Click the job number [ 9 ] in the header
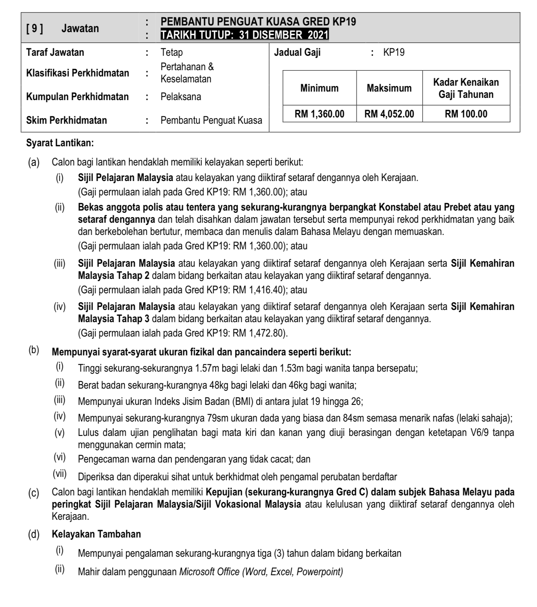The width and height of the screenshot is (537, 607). click(34, 28)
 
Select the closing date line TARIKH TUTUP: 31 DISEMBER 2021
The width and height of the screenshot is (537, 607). click(244, 35)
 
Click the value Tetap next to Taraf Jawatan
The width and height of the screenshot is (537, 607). click(172, 52)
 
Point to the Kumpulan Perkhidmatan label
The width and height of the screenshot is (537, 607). click(77, 97)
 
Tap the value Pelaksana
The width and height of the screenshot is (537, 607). click(181, 97)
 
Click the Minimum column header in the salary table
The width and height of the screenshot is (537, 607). click(319, 88)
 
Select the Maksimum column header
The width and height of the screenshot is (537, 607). click(389, 88)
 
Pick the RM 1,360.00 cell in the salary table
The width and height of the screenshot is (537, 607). click(319, 114)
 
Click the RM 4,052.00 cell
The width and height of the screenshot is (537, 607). click(389, 114)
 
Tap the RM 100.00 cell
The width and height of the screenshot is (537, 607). click(466, 114)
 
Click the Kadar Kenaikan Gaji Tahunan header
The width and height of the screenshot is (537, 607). click(466, 88)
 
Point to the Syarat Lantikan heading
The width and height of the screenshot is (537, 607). click(60, 143)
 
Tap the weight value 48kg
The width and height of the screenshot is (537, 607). click(219, 385)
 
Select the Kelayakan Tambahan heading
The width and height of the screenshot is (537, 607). click(96, 534)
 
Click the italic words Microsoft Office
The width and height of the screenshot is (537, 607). click(209, 572)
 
